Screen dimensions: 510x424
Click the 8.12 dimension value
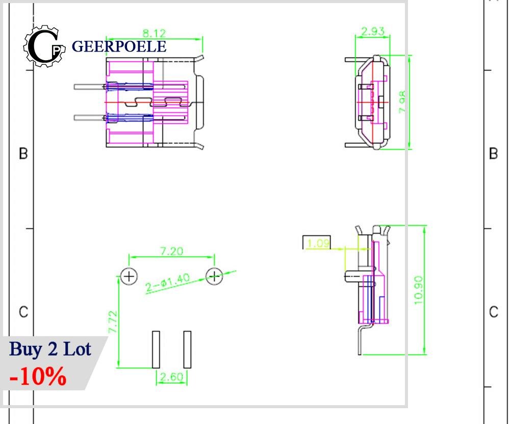point(154,33)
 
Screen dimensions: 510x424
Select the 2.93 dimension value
point(373,31)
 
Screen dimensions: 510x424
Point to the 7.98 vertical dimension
point(402,102)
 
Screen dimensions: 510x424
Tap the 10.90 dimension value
point(419,290)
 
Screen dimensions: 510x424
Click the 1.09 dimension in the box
point(318,243)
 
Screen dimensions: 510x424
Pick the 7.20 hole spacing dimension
point(172,251)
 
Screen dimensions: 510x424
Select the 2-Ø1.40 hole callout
point(167,283)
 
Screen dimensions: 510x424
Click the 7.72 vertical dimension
point(113,321)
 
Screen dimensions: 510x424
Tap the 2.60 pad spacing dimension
point(171,377)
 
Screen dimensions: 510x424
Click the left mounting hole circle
point(129,277)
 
